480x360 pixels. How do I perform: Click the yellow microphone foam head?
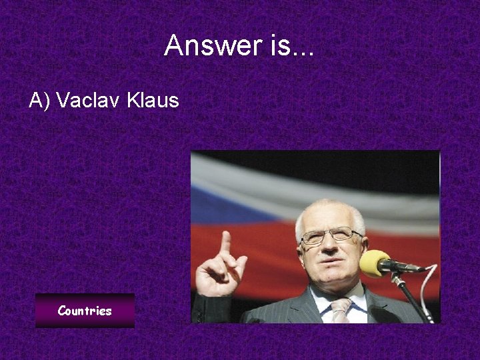(373, 263)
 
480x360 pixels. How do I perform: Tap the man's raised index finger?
(226, 242)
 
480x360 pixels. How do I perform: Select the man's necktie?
(341, 310)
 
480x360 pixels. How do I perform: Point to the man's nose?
(331, 248)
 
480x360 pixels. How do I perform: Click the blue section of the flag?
(220, 200)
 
